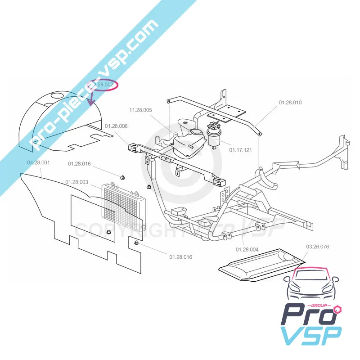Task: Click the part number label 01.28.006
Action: (x=116, y=126)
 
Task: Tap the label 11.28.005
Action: (x=141, y=110)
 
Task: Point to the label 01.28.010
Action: (x=290, y=103)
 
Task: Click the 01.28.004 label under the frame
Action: (x=247, y=249)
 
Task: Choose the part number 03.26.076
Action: (x=318, y=247)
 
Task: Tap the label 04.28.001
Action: (x=39, y=162)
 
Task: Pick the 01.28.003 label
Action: (x=76, y=182)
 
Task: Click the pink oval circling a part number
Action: (x=104, y=85)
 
